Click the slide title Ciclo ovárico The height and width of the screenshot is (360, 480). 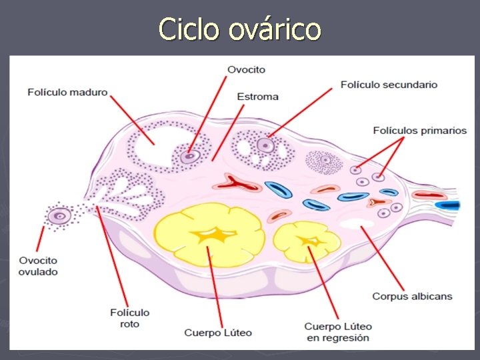pos(240,29)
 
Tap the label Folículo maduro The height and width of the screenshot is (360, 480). pos(67,92)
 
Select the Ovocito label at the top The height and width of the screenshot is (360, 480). pos(246,69)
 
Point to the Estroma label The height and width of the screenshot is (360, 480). pos(257,97)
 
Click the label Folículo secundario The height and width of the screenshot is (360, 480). pos(389,85)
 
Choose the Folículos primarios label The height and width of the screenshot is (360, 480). pos(419,131)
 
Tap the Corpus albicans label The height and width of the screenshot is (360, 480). pos(411,296)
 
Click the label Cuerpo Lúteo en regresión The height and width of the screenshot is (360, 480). pos(338,332)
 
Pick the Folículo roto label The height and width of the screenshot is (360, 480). pos(129,317)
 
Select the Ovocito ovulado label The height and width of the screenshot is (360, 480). pos(39,266)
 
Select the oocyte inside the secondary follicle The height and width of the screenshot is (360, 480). pos(266,144)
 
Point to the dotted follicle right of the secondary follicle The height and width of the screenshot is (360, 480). pos(325,161)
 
